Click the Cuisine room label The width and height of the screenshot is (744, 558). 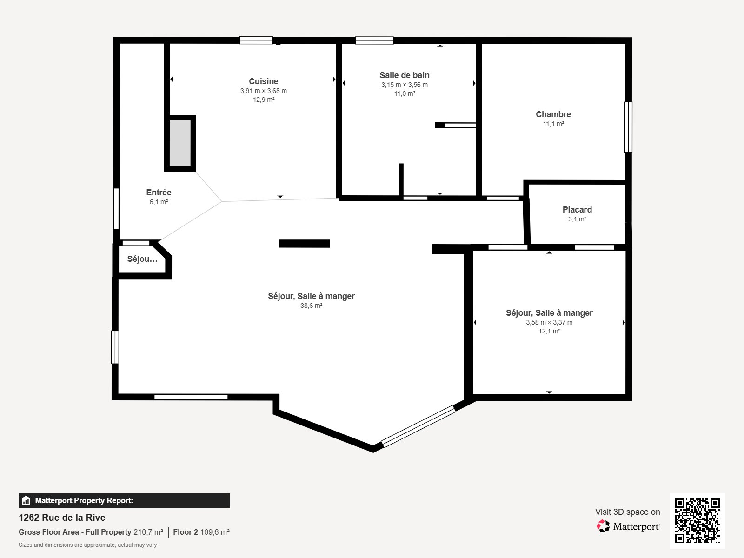(x=263, y=81)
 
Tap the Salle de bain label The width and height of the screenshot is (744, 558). (x=405, y=75)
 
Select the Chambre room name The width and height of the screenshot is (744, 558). (x=553, y=114)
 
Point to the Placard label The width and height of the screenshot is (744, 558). (x=577, y=210)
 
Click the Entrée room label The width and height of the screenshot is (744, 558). (x=159, y=193)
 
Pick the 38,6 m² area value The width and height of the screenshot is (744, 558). (x=311, y=306)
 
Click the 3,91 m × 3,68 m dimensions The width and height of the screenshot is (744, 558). (x=263, y=91)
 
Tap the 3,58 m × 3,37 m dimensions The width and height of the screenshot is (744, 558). (x=549, y=322)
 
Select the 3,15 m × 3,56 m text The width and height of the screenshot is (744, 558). (x=405, y=85)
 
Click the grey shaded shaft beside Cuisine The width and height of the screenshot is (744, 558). (x=180, y=143)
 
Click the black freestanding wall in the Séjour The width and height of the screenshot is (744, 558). (x=305, y=244)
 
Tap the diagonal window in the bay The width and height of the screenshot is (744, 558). (x=418, y=426)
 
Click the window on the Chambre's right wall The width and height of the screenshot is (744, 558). (x=628, y=127)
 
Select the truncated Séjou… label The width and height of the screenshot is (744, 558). (x=142, y=259)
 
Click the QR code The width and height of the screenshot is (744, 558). (x=697, y=521)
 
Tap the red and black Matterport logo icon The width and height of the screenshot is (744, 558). (x=603, y=526)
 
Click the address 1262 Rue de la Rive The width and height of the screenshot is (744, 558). (x=62, y=518)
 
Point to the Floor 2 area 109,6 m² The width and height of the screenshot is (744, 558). (x=201, y=532)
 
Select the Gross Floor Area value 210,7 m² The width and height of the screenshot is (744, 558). (x=148, y=532)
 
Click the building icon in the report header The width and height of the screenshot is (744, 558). (x=26, y=500)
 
